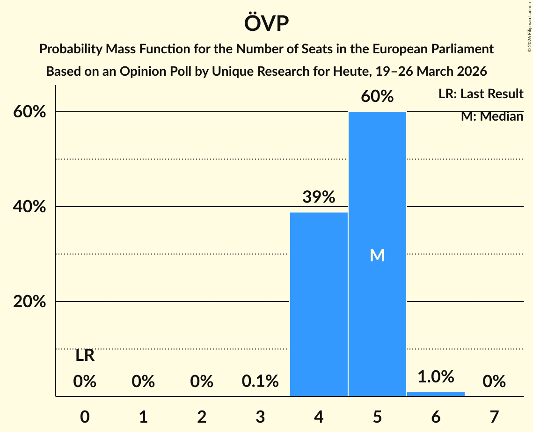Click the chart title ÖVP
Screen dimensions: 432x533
(266, 23)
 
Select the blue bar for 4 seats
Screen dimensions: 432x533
(319, 304)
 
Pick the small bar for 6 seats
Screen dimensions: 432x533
(436, 394)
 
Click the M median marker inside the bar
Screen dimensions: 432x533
(377, 255)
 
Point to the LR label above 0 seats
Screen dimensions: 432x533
(85, 356)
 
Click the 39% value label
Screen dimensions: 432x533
(319, 197)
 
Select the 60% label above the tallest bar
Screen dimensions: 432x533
(377, 96)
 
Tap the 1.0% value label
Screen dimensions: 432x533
(436, 376)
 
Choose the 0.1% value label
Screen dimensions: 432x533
(260, 382)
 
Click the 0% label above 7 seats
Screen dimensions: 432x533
(494, 382)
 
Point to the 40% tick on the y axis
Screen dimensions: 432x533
(29, 207)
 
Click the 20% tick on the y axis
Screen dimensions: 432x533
(29, 302)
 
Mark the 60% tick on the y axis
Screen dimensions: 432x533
(29, 112)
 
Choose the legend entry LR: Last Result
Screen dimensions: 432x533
(481, 94)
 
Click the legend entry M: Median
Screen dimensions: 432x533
(492, 116)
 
